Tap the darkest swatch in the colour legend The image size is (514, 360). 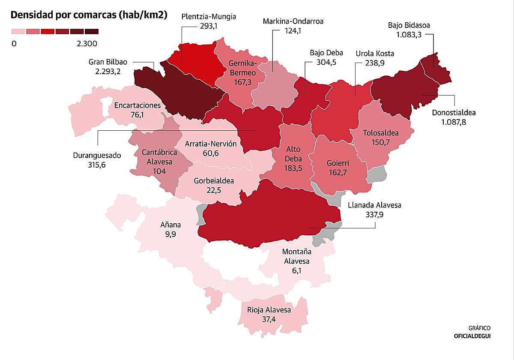(x=91, y=31)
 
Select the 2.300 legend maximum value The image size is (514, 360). (x=87, y=44)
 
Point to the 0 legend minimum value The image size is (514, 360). (x=14, y=44)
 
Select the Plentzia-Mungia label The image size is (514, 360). (x=209, y=17)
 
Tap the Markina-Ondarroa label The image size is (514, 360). (x=293, y=21)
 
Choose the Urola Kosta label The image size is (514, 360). (x=375, y=54)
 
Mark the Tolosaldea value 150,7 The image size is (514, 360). (x=380, y=142)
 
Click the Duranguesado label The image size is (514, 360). (x=97, y=156)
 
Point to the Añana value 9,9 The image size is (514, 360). (x=170, y=234)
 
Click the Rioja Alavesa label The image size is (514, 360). (x=269, y=310)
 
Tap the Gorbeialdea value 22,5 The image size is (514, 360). (x=214, y=190)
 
